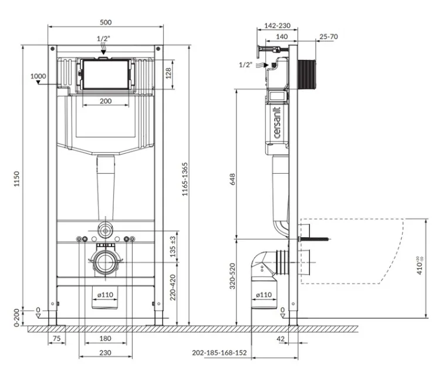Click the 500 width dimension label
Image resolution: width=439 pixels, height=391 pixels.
(106, 22)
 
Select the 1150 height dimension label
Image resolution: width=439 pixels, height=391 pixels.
(17, 178)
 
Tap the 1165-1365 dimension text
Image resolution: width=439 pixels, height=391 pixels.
(185, 179)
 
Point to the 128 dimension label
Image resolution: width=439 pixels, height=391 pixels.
(168, 73)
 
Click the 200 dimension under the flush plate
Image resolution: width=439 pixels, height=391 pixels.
(106, 101)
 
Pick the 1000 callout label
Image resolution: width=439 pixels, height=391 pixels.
(38, 76)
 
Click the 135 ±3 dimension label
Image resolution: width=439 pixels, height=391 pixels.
(173, 247)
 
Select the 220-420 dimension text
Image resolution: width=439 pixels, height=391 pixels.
(173, 287)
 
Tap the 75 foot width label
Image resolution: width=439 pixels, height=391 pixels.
(56, 338)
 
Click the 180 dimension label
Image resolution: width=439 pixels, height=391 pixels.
(105, 338)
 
